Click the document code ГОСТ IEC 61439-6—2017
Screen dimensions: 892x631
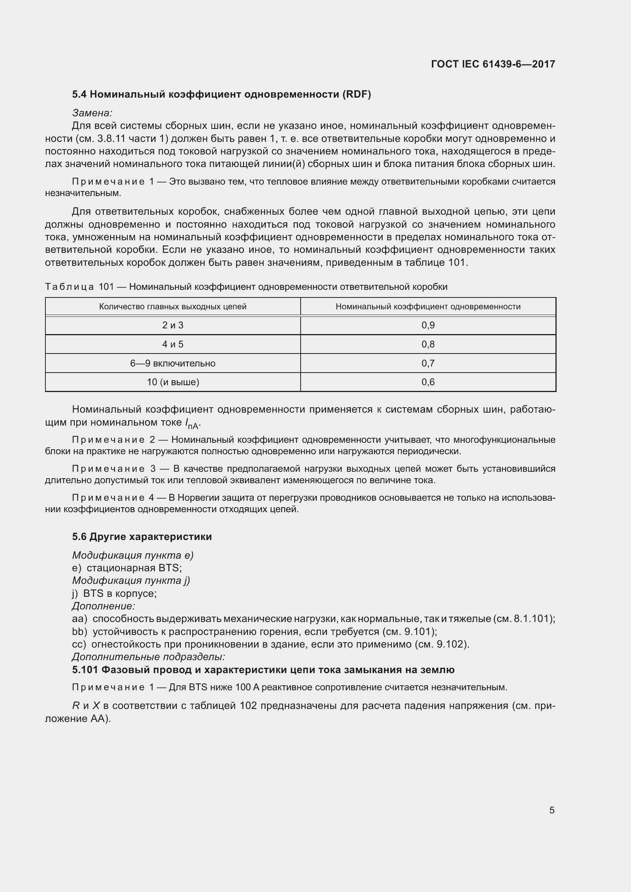tap(493, 64)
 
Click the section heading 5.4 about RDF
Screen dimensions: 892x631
tap(221, 95)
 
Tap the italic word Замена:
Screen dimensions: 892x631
tap(92, 113)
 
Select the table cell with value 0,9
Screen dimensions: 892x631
tap(428, 325)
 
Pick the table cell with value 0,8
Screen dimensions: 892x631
tap(428, 344)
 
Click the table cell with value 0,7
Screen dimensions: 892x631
tap(428, 363)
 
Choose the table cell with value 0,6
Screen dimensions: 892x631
tap(428, 382)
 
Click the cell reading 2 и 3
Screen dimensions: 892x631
tap(172, 325)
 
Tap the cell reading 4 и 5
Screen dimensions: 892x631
tap(172, 344)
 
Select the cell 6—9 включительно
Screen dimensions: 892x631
tap(172, 363)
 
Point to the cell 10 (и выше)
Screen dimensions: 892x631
tap(172, 382)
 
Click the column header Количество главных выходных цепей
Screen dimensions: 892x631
tap(172, 307)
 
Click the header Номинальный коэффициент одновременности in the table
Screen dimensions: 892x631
tap(428, 307)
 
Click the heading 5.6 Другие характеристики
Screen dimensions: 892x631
tap(142, 537)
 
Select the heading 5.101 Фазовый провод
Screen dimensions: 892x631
tap(263, 670)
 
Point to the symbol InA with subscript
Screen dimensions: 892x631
tap(192, 423)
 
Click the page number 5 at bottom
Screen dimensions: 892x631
tap(552, 810)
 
